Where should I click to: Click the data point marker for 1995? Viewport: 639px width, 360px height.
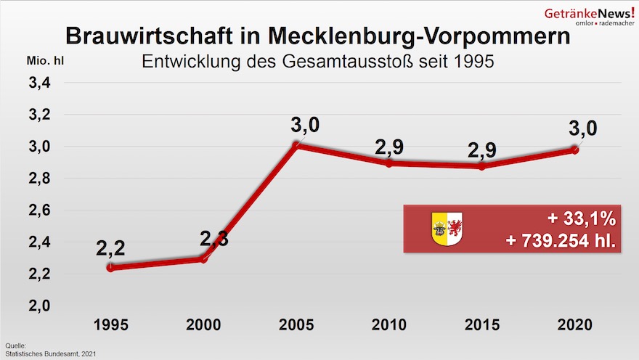coord(110,267)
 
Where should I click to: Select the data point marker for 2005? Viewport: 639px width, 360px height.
coord(296,146)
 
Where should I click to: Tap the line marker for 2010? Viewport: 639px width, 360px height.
coord(389,163)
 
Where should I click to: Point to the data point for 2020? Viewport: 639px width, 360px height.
coord(574,150)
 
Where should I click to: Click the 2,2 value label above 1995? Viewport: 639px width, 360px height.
coord(110,248)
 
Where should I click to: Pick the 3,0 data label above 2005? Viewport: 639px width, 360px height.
coord(305,125)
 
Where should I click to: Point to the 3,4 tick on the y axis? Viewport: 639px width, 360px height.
coord(39,83)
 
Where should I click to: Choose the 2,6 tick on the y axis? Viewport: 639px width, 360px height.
coord(39,210)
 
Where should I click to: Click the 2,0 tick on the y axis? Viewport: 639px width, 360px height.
coord(39,306)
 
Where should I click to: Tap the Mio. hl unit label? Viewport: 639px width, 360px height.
coord(46,61)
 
